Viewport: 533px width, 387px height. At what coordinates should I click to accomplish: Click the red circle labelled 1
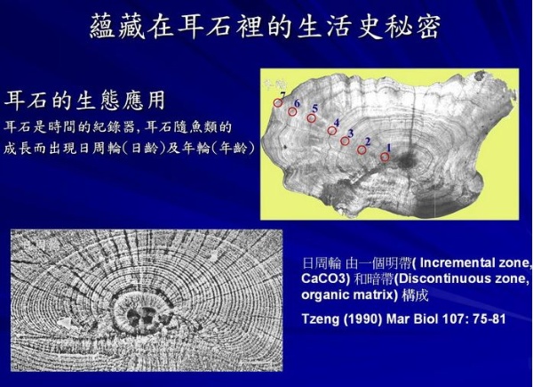(385, 157)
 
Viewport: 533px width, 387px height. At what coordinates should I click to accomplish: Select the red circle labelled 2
(362, 149)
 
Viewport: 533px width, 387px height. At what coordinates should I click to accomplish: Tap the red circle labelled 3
(346, 141)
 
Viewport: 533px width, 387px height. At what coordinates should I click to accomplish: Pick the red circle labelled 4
(331, 130)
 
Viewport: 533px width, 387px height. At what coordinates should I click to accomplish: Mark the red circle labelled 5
(312, 117)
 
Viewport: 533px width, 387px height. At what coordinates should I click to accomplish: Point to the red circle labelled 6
(292, 111)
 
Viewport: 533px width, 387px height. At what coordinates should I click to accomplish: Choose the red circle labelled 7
(277, 102)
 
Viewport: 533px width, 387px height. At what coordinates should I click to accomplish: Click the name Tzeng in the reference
(322, 318)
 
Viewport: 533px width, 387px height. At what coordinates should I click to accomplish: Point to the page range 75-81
(483, 318)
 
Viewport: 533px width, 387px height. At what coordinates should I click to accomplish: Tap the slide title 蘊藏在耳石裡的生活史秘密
(266, 27)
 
